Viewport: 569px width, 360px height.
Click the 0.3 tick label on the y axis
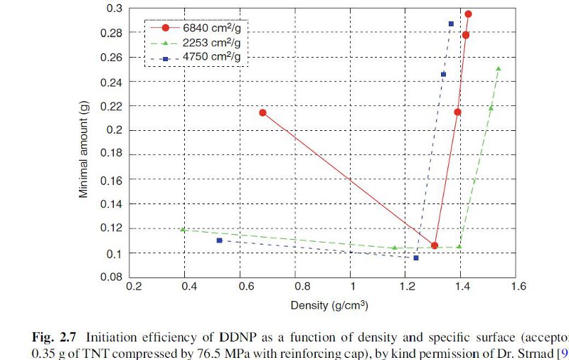click(115, 9)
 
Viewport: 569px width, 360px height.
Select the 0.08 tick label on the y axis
click(112, 277)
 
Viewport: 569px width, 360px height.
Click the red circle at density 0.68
click(263, 112)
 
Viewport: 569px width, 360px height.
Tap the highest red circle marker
click(468, 14)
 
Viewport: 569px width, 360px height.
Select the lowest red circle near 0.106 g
click(435, 245)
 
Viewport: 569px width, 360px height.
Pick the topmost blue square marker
click(451, 23)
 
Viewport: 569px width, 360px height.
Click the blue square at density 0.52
click(219, 240)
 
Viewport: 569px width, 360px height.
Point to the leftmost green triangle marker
click(184, 229)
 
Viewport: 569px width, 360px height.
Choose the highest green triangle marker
click(498, 68)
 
